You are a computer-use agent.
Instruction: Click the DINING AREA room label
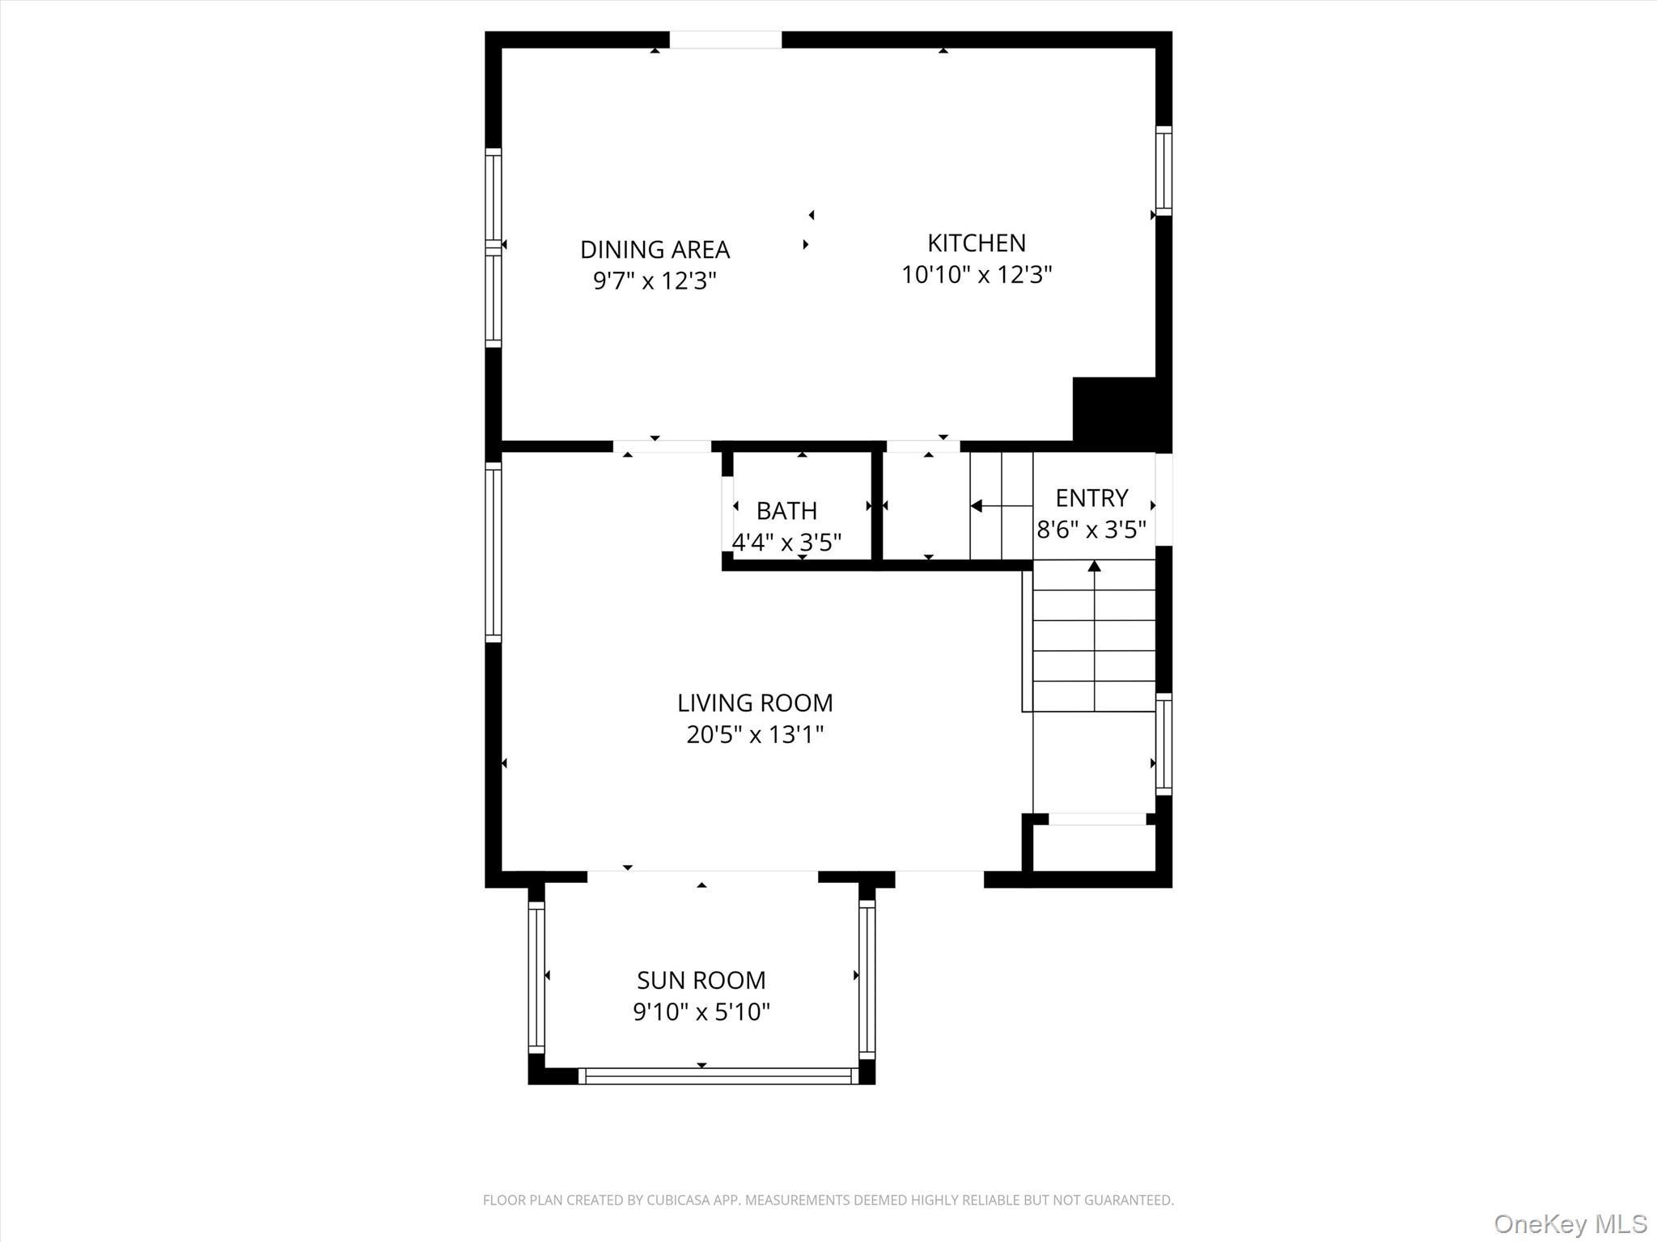point(655,249)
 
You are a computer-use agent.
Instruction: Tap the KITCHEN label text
point(976,243)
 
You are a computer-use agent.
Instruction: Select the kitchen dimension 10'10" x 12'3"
point(976,275)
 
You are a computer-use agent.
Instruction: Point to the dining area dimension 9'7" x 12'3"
point(655,281)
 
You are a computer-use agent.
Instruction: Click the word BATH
point(786,511)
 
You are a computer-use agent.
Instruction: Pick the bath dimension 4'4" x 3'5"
point(786,542)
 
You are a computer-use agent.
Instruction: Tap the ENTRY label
point(1091,498)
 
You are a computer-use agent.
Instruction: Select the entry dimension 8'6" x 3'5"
point(1091,530)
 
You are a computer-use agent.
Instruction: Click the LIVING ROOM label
point(754,703)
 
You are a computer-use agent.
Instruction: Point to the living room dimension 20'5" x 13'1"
point(754,734)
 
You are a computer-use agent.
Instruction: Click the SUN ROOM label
point(701,980)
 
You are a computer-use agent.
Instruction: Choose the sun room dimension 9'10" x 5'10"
point(701,1012)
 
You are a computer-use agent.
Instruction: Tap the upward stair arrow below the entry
point(1094,567)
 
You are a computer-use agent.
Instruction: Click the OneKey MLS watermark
point(1570,1223)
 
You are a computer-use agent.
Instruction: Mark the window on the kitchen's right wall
point(1163,171)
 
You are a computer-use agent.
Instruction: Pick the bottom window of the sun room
point(718,1076)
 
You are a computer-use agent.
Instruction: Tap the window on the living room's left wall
point(493,552)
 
